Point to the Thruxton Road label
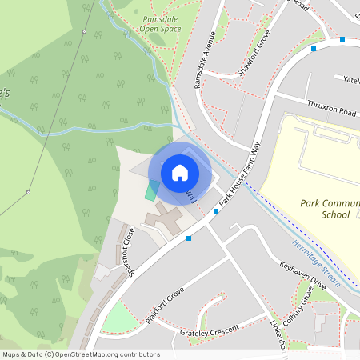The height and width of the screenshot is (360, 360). [330, 106]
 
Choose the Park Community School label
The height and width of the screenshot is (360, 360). [328, 210]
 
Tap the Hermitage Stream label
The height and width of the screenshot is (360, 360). [316, 264]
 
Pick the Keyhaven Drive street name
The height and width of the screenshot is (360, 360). [303, 273]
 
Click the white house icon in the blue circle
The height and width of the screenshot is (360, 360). [180, 173]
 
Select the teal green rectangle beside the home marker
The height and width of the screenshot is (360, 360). [152, 190]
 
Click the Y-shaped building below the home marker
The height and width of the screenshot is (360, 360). [164, 218]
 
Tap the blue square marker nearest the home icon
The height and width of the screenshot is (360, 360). [215, 211]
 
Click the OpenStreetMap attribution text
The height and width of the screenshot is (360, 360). [81, 354]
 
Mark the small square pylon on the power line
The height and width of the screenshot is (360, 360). [28, 192]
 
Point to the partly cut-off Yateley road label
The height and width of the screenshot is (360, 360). [351, 80]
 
